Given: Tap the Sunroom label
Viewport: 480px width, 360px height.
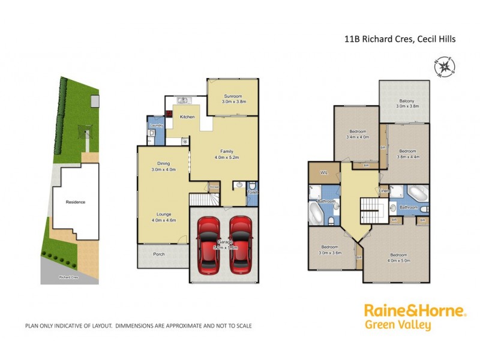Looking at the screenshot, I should pos(233,95).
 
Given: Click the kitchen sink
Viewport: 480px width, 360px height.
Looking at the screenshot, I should pos(182,100).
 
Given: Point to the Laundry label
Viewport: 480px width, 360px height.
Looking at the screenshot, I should pos(157,125).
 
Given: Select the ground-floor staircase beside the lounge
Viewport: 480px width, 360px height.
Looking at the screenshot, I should pos(198,200).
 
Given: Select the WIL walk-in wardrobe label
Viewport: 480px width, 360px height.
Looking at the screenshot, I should pos(323,172).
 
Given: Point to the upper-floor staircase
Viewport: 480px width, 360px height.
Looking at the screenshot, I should pos(370,211).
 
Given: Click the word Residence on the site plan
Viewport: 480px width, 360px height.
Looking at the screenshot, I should pos(76,202).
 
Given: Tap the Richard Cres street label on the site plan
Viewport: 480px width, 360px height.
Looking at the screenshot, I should pos(68,277).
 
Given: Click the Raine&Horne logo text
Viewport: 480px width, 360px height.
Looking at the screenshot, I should pos(415,311).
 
